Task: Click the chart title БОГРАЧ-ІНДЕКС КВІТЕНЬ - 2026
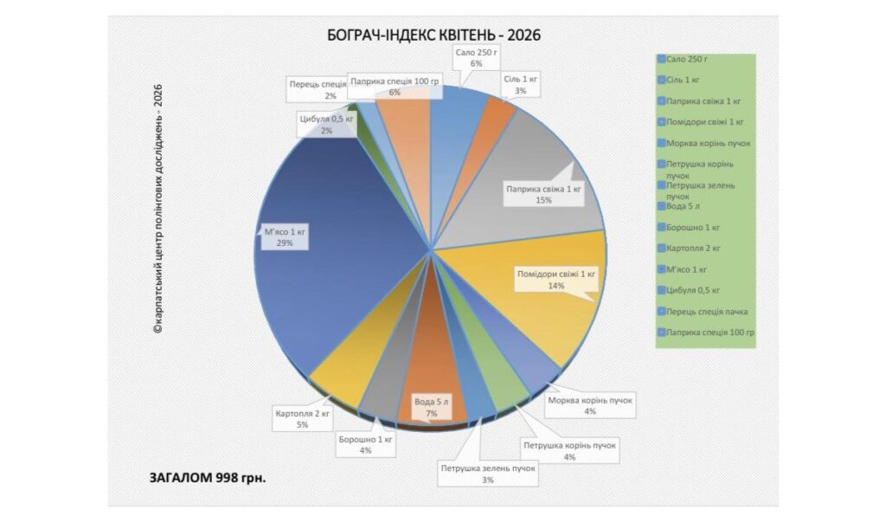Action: click(x=433, y=35)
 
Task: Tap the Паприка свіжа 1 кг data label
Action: click(x=543, y=194)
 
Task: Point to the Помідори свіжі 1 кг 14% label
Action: click(x=556, y=279)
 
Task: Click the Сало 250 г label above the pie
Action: click(x=475, y=58)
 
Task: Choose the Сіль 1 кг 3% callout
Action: click(x=521, y=85)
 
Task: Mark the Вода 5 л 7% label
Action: click(x=431, y=407)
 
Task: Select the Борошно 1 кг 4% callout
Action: click(x=366, y=445)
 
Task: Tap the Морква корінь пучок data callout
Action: click(x=590, y=406)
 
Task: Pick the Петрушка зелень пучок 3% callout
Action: click(x=488, y=473)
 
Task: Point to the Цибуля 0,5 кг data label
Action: click(x=326, y=125)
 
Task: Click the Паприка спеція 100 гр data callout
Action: click(x=395, y=86)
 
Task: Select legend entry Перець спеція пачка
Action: click(x=706, y=311)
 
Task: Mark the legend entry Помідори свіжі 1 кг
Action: click(x=704, y=122)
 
